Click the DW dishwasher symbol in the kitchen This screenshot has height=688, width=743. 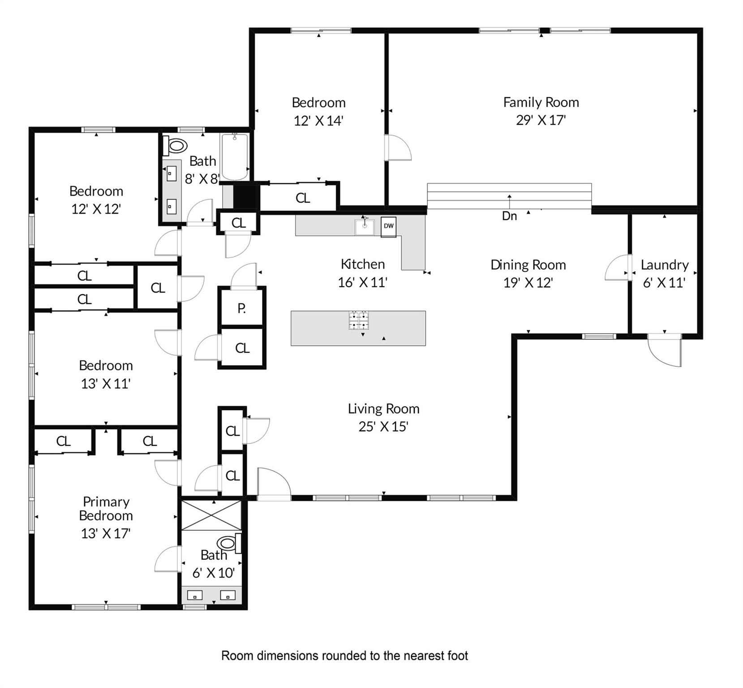tap(388, 226)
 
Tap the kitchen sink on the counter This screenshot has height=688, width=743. tap(365, 227)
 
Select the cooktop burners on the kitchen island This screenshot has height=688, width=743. tap(359, 320)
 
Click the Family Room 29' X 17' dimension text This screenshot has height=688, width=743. tap(541, 120)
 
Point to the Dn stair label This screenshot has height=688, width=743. tap(509, 216)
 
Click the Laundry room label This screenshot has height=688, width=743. tap(664, 265)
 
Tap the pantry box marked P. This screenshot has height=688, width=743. tap(241, 308)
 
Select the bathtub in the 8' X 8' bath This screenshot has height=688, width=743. tap(234, 157)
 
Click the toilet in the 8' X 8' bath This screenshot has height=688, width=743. tap(175, 146)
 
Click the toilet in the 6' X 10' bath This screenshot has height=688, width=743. tap(230, 544)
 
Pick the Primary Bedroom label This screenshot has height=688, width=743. tap(106, 508)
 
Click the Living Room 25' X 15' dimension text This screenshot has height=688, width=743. tap(383, 427)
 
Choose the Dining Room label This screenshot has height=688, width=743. tap(528, 265)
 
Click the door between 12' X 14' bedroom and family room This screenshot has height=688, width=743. tap(397, 147)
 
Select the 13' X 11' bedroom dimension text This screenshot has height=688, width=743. tap(106, 384)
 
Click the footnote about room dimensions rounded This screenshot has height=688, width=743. tap(344, 656)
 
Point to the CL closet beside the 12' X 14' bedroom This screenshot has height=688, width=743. tap(303, 198)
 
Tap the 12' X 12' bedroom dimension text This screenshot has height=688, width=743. tap(96, 209)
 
